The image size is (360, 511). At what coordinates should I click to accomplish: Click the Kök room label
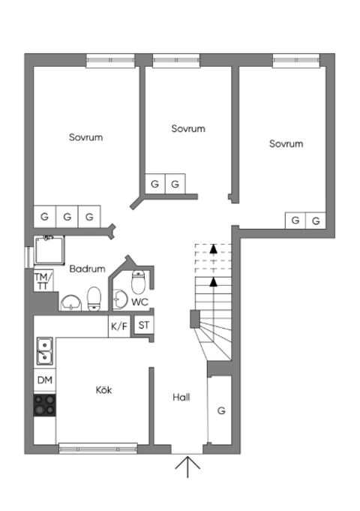click(103, 390)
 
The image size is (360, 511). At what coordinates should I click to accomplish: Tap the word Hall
click(180, 398)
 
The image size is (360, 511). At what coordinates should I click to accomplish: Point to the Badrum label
click(87, 269)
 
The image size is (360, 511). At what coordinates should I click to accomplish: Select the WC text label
click(139, 302)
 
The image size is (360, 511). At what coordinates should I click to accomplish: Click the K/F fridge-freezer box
click(119, 326)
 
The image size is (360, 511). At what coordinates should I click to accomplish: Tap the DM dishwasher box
click(45, 380)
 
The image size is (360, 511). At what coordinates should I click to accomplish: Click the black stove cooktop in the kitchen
click(45, 405)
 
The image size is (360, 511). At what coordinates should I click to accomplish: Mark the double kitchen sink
click(44, 351)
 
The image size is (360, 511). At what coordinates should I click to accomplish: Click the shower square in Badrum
click(51, 250)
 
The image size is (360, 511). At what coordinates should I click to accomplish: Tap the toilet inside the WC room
click(138, 283)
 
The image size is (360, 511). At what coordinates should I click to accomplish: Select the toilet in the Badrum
click(94, 299)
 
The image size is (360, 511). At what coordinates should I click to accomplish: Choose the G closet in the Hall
click(220, 410)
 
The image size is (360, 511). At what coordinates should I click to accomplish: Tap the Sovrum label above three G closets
click(85, 137)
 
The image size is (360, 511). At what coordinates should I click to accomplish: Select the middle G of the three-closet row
click(67, 217)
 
